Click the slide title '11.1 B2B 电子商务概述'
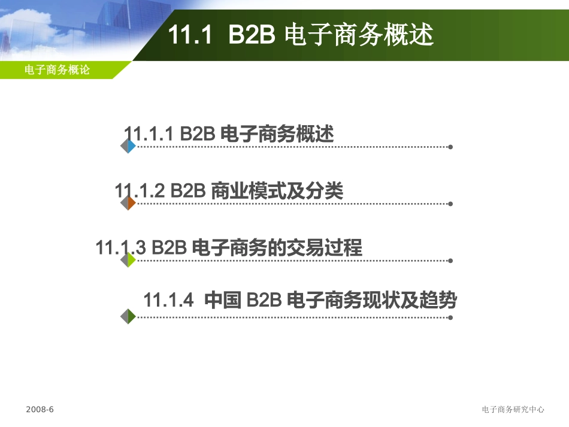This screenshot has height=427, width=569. coord(300,35)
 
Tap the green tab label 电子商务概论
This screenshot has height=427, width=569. coord(57,69)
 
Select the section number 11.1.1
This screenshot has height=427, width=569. coord(148,134)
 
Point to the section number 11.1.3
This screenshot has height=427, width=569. coord(120,247)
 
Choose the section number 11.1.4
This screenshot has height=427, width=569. coord(169,299)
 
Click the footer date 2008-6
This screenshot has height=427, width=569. coord(40,409)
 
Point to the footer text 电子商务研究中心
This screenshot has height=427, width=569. coord(513,409)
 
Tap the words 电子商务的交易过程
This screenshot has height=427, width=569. coord(277,247)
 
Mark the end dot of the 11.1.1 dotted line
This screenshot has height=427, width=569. coord(450,147)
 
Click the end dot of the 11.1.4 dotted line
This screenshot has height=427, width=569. coord(450,317)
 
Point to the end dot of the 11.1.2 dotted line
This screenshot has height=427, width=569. coord(450,204)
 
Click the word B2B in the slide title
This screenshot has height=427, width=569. coord(252,35)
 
